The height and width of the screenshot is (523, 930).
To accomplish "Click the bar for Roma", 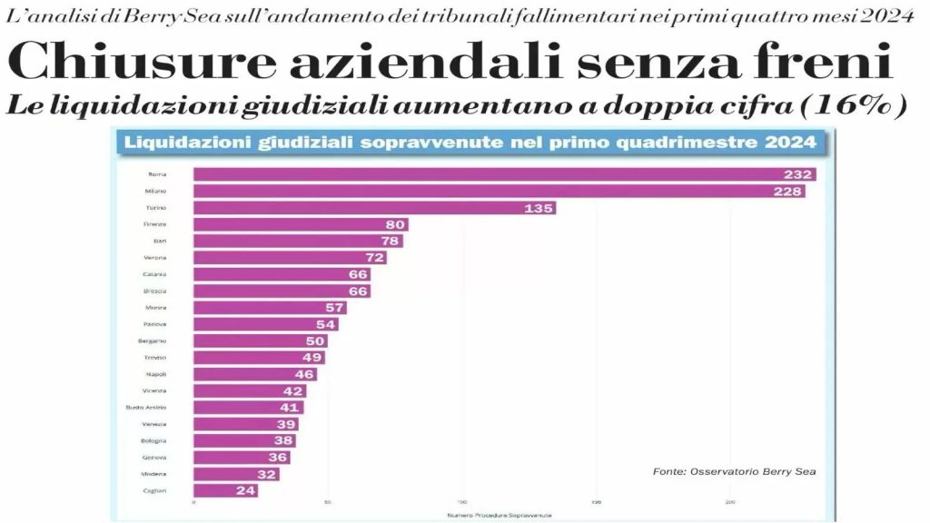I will pyautogui.click(x=504, y=174).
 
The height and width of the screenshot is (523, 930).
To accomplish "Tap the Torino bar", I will pyautogui.click(x=374, y=208).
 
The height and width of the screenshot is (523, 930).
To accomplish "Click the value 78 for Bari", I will pyautogui.click(x=389, y=241).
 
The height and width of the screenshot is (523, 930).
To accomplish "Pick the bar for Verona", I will pyautogui.click(x=290, y=258).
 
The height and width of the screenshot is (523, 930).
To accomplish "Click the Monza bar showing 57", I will pyautogui.click(x=270, y=308).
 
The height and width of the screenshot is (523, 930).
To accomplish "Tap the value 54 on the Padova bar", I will pyautogui.click(x=324, y=324).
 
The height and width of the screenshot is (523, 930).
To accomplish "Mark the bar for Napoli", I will pyautogui.click(x=255, y=374).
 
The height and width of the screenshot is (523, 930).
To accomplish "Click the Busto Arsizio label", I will pyautogui.click(x=145, y=408).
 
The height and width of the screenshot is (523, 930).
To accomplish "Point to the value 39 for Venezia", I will pyautogui.click(x=285, y=424).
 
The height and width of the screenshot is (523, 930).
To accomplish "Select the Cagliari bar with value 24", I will pyautogui.click(x=225, y=490).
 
